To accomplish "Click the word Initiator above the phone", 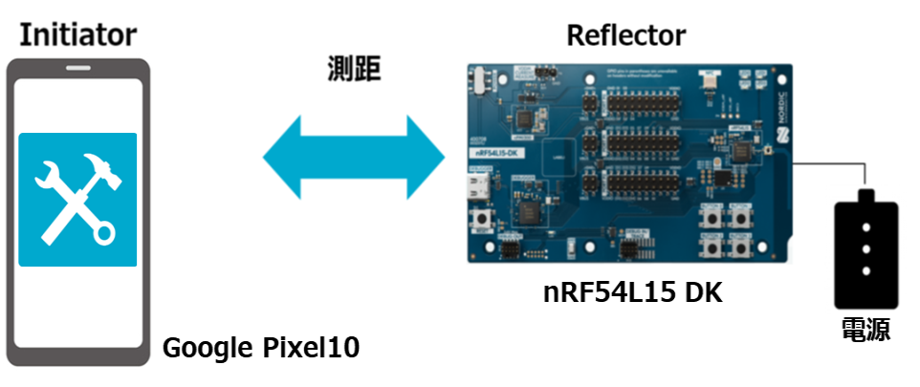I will pos(77,35).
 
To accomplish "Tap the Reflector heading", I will pos(625,35).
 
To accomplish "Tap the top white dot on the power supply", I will pos(865,227).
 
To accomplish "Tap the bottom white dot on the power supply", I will pos(865,270).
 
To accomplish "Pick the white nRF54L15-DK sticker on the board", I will pos(495,151).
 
